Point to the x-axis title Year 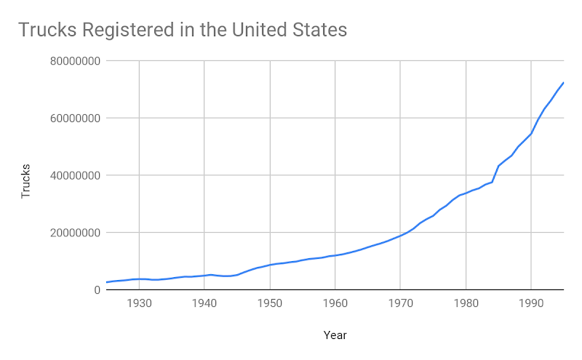tap(335, 335)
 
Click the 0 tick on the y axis tap(96, 290)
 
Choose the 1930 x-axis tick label tap(139, 303)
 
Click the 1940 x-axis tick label tap(204, 303)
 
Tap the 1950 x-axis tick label tap(270, 303)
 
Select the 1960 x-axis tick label tap(335, 303)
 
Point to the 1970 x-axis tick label tap(400, 303)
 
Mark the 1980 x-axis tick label tap(466, 303)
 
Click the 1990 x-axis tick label tap(531, 303)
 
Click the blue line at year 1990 tap(531, 134)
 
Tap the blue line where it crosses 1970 tap(400, 236)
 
